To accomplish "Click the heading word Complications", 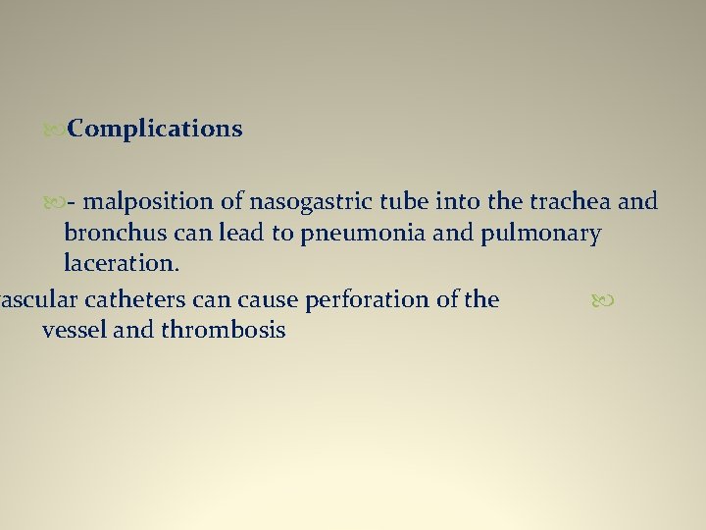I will (x=156, y=129).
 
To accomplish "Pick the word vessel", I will (x=75, y=330).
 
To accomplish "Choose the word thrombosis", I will (x=223, y=330).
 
